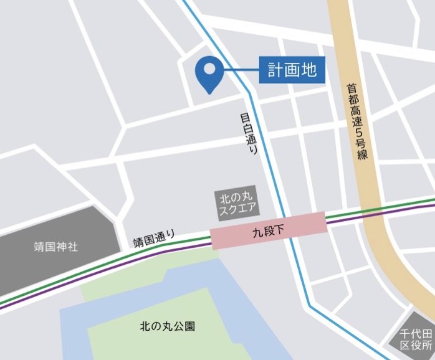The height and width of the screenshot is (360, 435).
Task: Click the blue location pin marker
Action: pos(208,73)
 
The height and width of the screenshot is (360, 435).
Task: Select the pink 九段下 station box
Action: pos(268,230)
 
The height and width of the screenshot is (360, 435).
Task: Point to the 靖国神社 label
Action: pos(56,247)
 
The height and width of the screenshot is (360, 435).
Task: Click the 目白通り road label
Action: pos(249,134)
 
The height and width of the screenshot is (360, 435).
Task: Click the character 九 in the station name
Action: pos(257,230)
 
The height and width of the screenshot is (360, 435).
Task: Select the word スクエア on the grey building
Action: pos(237,210)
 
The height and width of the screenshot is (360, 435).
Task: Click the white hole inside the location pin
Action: pos(208,68)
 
